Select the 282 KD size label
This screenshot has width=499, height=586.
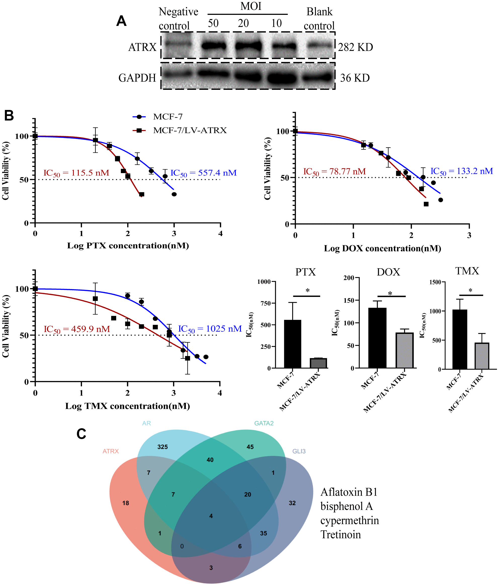click(355, 47)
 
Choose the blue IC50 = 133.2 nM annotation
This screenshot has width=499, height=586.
click(461, 171)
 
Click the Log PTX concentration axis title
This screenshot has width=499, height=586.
click(128, 246)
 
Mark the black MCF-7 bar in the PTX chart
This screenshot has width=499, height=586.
click(292, 344)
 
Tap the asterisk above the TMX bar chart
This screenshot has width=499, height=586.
click(470, 290)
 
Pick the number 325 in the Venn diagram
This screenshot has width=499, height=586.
click(162, 447)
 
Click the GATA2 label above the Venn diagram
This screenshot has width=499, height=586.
click(264, 423)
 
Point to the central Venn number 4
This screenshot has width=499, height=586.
click(211, 516)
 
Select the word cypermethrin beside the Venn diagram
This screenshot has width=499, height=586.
click(349, 521)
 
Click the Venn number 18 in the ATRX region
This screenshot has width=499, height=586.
click(126, 503)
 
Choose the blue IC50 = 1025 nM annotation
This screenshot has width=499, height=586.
click(210, 329)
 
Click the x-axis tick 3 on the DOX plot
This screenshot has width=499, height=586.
click(469, 235)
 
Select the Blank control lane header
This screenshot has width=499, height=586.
click(319, 19)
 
